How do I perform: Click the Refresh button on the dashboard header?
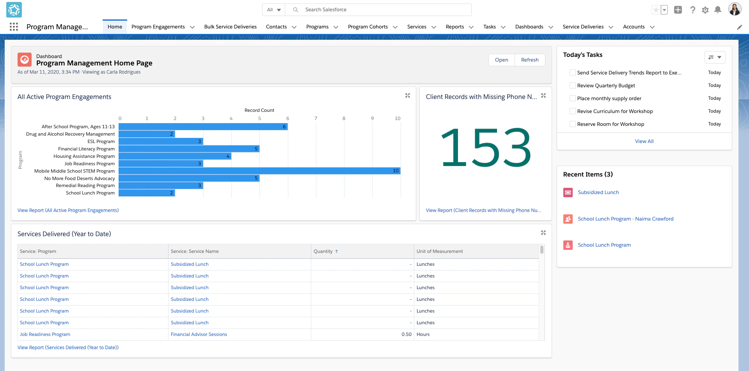point(529,60)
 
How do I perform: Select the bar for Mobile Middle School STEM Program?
point(259,171)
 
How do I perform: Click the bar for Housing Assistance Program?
point(175,156)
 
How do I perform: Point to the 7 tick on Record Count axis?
point(316,118)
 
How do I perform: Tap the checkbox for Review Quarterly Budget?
point(572,85)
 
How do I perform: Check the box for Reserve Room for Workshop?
point(572,124)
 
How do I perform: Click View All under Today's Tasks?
point(644,141)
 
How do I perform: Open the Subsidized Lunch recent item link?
point(598,193)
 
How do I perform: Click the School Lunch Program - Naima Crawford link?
point(625,219)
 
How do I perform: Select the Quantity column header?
point(323,251)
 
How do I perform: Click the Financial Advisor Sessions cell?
point(199,334)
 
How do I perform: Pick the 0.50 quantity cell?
point(406,334)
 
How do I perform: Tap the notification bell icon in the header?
point(717,10)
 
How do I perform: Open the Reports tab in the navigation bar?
point(454,27)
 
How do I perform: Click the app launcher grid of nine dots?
point(14,26)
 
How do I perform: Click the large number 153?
point(485,148)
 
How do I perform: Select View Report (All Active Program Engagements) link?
point(68,210)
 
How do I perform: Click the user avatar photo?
point(735,9)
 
